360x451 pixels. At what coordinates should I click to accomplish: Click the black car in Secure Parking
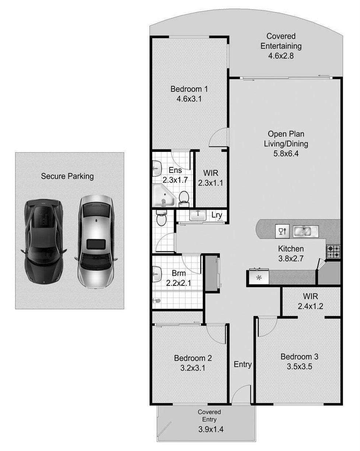[x=43, y=242]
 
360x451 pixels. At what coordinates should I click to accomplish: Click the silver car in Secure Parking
[x=96, y=242]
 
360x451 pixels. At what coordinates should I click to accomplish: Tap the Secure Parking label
[x=67, y=176]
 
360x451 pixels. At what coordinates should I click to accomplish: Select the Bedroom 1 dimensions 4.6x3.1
[x=189, y=99]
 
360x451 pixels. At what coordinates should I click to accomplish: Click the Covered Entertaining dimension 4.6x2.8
[x=281, y=56]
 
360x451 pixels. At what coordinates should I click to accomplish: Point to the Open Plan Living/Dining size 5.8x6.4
[x=286, y=154]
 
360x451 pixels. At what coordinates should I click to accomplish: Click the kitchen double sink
[x=305, y=232]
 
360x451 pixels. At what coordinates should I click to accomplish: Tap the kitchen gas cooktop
[x=333, y=251]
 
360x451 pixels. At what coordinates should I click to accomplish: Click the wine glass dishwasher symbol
[x=282, y=231]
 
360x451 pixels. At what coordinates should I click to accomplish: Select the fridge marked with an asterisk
[x=259, y=278]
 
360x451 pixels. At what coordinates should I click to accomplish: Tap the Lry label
[x=217, y=215]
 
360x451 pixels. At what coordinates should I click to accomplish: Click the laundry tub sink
[x=198, y=215]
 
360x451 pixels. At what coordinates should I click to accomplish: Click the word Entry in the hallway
[x=243, y=364]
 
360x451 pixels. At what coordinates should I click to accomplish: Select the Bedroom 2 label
[x=193, y=358]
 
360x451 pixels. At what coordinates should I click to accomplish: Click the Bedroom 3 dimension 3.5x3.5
[x=299, y=367]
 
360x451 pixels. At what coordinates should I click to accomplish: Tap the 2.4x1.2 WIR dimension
[x=310, y=306]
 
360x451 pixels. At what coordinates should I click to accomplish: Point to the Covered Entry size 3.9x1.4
[x=211, y=429]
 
